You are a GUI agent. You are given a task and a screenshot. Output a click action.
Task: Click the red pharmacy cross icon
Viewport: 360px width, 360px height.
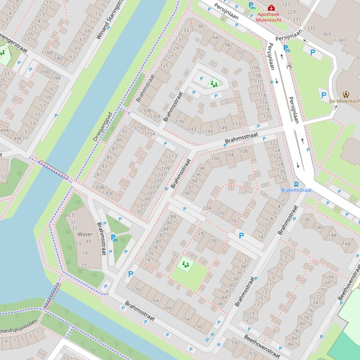pos(271,7)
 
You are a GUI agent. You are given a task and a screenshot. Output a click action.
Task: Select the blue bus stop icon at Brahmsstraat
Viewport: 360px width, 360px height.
pos(296,184)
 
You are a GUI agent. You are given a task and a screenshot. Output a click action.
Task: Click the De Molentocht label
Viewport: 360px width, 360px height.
pos(345,101)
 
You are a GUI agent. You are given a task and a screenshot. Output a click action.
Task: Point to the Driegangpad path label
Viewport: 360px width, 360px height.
pos(103,127)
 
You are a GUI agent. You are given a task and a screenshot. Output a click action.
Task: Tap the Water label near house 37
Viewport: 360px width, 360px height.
pos(85,234)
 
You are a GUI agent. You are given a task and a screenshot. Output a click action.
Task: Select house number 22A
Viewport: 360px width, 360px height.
pos(207,209)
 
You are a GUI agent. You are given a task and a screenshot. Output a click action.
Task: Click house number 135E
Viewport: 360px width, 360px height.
pos(155,117)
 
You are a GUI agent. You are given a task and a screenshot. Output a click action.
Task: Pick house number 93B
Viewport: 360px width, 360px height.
pos(99,187)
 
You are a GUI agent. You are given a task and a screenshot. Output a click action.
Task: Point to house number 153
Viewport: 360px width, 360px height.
pos(237,124)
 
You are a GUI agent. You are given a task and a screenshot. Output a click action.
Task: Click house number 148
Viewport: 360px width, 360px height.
pos(346,244)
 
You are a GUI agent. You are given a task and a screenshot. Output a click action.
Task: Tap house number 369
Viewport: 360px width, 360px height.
pos(326,34)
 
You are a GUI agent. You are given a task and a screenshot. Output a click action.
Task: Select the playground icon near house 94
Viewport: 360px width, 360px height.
pos(214,84)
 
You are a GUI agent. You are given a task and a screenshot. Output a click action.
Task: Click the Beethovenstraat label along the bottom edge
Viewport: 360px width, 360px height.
pos(262,346)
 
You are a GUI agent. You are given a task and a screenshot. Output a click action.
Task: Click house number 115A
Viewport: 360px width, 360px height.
pos(149,134)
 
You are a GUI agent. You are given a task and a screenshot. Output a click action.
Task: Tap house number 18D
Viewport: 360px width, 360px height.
pos(58,59)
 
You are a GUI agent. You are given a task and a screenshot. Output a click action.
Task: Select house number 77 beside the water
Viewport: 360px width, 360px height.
pos(84,266)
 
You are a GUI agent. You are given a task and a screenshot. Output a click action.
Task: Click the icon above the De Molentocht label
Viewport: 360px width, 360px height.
pos(346,94)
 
